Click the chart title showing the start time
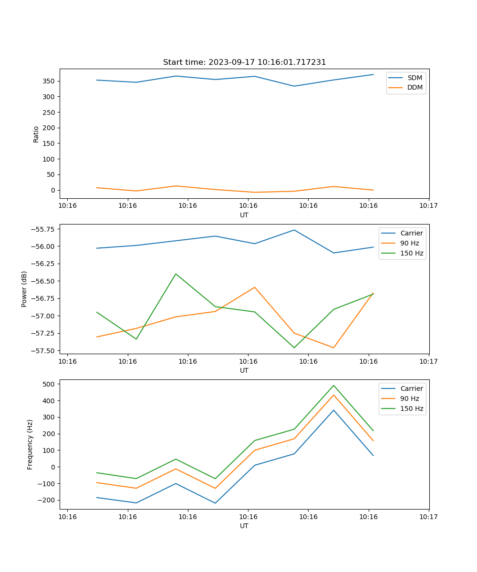pos(244,62)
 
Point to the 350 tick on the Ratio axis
pos(50,81)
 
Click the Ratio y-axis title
pos(36,134)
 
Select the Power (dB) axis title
pos(24,289)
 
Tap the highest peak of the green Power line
pos(176,274)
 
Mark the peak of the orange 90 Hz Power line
pos(255,287)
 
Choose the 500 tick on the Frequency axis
pos(50,384)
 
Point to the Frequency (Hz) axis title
pos(30,444)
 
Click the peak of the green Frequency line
pos(333,385)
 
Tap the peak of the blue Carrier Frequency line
pos(333,410)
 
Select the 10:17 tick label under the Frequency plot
pos(428,516)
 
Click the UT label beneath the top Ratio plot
pos(244,215)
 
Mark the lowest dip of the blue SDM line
pos(294,86)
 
